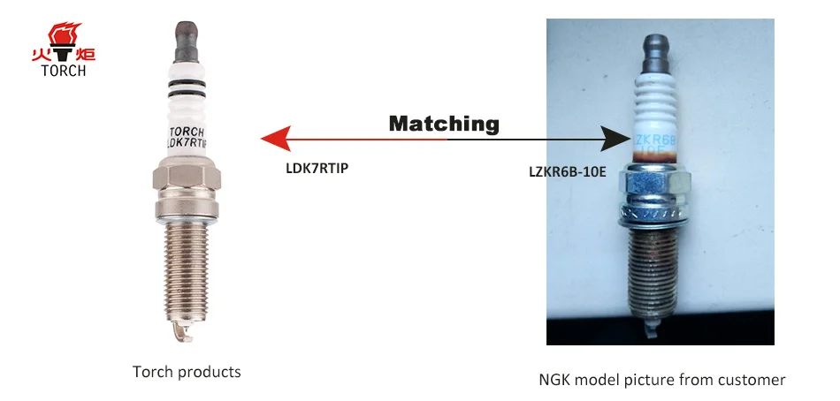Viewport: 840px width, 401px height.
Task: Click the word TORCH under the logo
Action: pyautogui.click(x=63, y=71)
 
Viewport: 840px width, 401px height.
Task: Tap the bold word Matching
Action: pyautogui.click(x=444, y=124)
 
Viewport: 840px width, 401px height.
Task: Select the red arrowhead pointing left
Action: pyautogui.click(x=276, y=138)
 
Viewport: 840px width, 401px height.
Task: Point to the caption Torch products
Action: pyautogui.click(x=187, y=372)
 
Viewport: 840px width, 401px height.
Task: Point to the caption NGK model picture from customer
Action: pyautogui.click(x=661, y=380)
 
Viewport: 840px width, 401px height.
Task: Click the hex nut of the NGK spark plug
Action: pyautogui.click(x=654, y=185)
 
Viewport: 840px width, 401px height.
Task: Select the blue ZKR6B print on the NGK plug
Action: pyautogui.click(x=655, y=139)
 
